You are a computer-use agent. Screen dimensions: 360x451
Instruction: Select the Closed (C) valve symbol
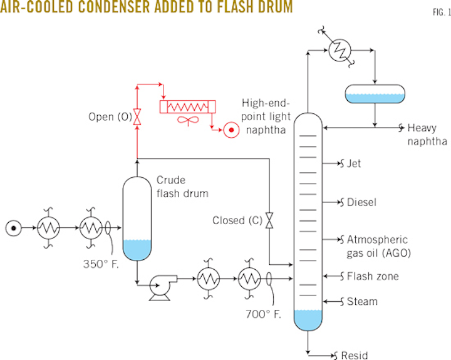(269, 220)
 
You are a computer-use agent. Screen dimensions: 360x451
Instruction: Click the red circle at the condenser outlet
(231, 131)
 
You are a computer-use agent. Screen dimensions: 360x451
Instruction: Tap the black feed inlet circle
(12, 227)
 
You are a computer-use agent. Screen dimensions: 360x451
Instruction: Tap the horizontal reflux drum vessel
(375, 94)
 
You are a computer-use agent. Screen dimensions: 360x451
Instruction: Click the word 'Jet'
(354, 165)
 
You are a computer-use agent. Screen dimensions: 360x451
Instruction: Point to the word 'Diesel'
(362, 203)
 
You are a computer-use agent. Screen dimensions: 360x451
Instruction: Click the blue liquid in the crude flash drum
(137, 250)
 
